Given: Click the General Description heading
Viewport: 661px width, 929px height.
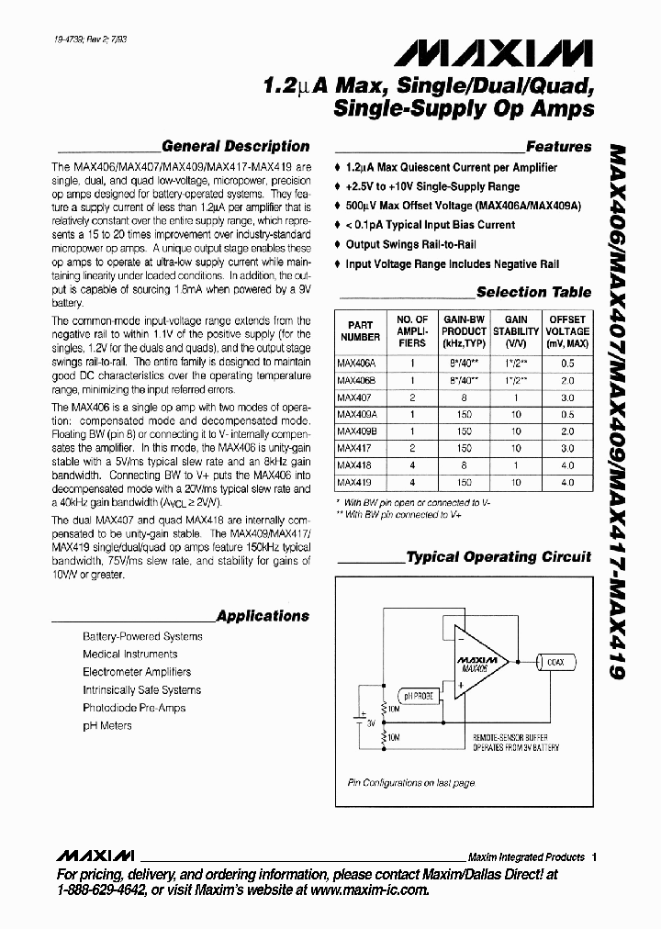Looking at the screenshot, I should click(235, 147).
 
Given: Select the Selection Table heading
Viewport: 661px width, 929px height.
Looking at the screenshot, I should click(533, 292).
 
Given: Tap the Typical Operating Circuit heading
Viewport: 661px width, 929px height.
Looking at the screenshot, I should click(499, 557).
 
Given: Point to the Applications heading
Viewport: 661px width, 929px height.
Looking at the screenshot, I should click(263, 616).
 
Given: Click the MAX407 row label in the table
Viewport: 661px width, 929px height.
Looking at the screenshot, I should click(351, 397).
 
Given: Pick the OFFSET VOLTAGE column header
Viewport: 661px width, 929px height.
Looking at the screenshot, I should click(567, 331).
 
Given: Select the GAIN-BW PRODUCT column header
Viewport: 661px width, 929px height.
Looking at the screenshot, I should click(464, 331).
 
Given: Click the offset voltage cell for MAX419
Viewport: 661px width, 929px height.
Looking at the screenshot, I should click(567, 482).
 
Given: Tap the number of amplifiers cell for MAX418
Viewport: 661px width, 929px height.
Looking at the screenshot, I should click(412, 465).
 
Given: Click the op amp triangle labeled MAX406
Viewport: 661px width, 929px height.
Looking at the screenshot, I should click(475, 666).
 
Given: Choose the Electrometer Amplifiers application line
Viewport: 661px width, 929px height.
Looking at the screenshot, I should click(137, 672).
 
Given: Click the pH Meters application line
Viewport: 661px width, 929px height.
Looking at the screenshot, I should click(107, 725).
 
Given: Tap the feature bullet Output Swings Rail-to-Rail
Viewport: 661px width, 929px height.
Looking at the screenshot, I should click(409, 244).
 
